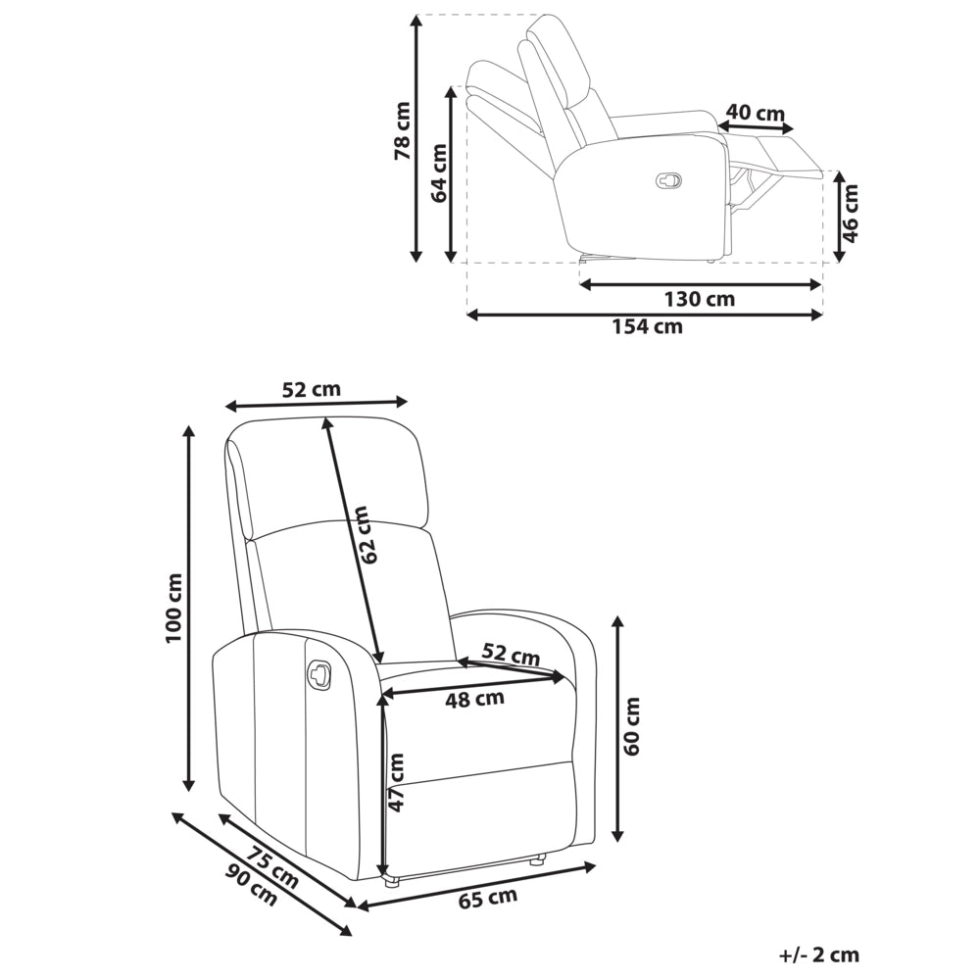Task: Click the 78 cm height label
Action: click(403, 130)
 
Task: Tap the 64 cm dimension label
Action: click(439, 172)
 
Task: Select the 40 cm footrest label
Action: click(755, 113)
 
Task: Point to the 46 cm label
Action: click(850, 213)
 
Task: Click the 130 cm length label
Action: click(700, 299)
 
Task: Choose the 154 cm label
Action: click(647, 326)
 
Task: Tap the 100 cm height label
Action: click(173, 609)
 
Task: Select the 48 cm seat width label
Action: click(475, 699)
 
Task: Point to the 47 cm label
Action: click(396, 782)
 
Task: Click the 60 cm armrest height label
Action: click(632, 726)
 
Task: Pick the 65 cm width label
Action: click(488, 898)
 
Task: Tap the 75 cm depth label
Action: click(271, 867)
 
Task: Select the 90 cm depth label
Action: click(251, 886)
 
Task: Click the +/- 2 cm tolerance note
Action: click(819, 955)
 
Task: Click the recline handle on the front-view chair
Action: click(318, 675)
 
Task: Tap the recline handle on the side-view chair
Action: click(668, 180)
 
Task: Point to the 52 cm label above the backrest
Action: click(312, 389)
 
